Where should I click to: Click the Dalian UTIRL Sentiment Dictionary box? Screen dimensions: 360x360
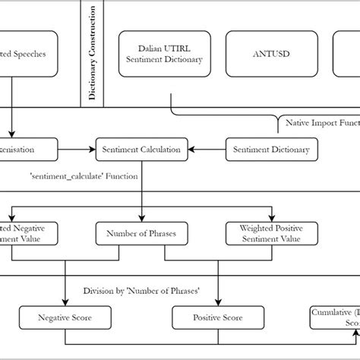coord(164,54)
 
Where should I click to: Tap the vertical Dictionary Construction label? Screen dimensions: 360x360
coord(93,53)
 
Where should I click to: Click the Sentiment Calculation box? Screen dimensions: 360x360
coord(141,150)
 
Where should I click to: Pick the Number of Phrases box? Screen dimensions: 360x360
coord(142,234)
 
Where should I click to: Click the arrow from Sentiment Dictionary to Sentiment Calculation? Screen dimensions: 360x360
coord(207,150)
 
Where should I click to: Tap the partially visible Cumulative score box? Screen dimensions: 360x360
coord(335,317)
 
